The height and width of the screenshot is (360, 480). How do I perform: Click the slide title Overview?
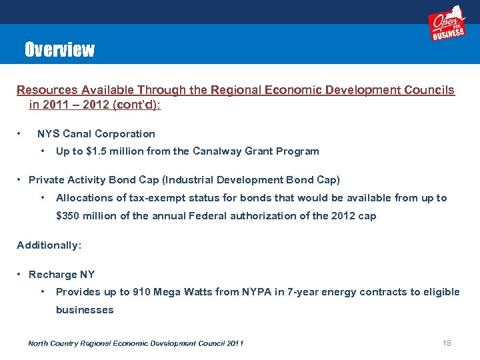[x=59, y=50]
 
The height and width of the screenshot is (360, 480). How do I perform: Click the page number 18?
[x=447, y=343]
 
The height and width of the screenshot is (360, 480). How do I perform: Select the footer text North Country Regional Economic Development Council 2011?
[x=135, y=343]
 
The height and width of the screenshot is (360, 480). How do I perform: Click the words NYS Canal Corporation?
[x=96, y=134]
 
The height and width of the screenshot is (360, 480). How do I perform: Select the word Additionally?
[x=49, y=245]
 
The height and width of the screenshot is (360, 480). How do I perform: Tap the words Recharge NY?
[x=62, y=275]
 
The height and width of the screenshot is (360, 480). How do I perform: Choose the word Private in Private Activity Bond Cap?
[x=46, y=180]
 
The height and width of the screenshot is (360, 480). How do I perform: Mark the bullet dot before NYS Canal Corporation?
[x=21, y=134]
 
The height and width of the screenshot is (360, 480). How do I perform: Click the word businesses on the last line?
[x=85, y=310]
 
